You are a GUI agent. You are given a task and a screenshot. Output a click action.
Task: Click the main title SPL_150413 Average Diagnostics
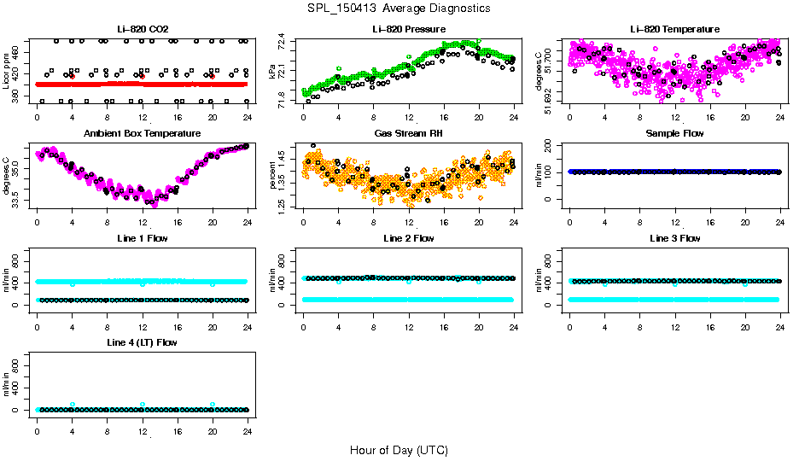click(399, 8)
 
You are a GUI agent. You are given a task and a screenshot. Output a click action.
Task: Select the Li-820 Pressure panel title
click(408, 29)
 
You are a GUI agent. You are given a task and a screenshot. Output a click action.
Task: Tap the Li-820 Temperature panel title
click(674, 29)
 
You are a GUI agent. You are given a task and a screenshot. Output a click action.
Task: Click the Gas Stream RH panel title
click(408, 133)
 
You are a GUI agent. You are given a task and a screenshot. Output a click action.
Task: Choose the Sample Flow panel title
click(674, 133)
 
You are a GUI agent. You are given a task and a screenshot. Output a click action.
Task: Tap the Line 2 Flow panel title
click(408, 238)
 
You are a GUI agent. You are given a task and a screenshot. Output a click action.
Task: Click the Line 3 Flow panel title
click(674, 238)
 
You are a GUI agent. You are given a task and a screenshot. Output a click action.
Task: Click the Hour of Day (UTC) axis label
click(399, 449)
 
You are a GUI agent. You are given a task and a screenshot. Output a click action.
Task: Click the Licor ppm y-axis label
click(6, 72)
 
